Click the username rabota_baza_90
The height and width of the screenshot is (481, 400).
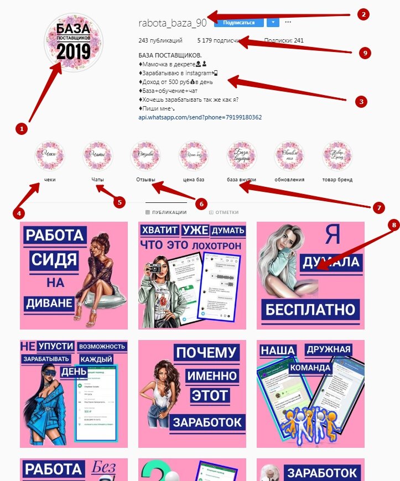click(172, 23)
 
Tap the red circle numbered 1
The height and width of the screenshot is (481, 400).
click(21, 128)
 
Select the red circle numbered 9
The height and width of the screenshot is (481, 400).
click(363, 53)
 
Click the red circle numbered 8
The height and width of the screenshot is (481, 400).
click(394, 225)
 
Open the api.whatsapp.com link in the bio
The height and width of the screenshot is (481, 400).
click(200, 117)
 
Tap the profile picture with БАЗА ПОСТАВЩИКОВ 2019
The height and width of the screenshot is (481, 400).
click(73, 43)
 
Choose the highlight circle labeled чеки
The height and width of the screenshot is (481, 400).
click(50, 156)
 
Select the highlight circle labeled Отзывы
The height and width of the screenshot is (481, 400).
click(146, 156)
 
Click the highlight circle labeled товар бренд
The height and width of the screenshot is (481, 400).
click(337, 156)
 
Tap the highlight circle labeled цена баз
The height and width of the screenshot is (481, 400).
click(194, 156)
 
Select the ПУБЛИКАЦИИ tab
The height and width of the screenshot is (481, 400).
click(166, 212)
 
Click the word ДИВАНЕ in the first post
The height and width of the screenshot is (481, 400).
click(48, 302)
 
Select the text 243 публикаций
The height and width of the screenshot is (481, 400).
click(160, 40)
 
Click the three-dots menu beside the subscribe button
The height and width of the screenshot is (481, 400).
click(288, 23)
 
